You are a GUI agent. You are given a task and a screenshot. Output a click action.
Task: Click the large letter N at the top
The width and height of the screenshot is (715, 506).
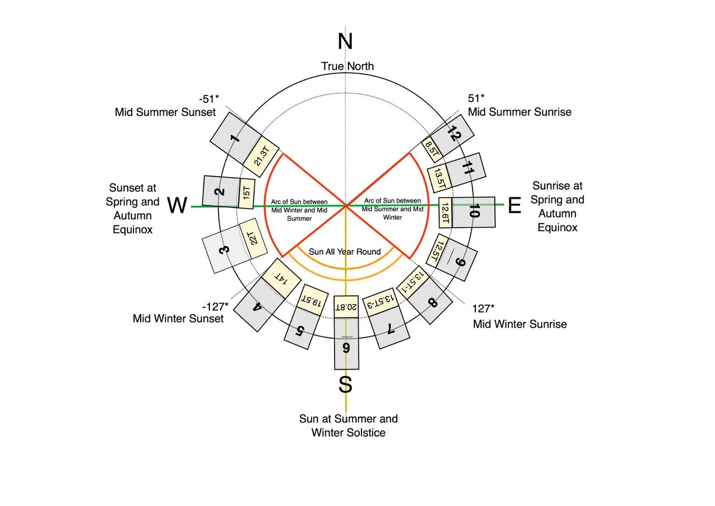pos(346,42)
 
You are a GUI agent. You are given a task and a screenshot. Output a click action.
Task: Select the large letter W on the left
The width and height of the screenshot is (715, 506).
pos(177,206)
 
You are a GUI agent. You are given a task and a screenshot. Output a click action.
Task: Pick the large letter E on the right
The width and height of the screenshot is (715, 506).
pos(514,206)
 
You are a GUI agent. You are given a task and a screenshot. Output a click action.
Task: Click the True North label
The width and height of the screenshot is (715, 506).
pos(347,67)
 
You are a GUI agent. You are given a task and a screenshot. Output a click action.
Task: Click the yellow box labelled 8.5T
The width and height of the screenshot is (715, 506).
pos(432,149)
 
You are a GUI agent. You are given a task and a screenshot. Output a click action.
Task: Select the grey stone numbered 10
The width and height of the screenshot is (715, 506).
pos(474,212)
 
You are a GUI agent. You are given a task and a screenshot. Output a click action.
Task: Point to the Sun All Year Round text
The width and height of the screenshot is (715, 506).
pos(345,252)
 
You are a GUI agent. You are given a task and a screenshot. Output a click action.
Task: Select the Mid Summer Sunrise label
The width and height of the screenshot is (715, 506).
pos(519,112)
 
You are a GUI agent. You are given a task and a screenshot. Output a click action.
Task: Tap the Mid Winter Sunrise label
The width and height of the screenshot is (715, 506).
pos(519,324)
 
